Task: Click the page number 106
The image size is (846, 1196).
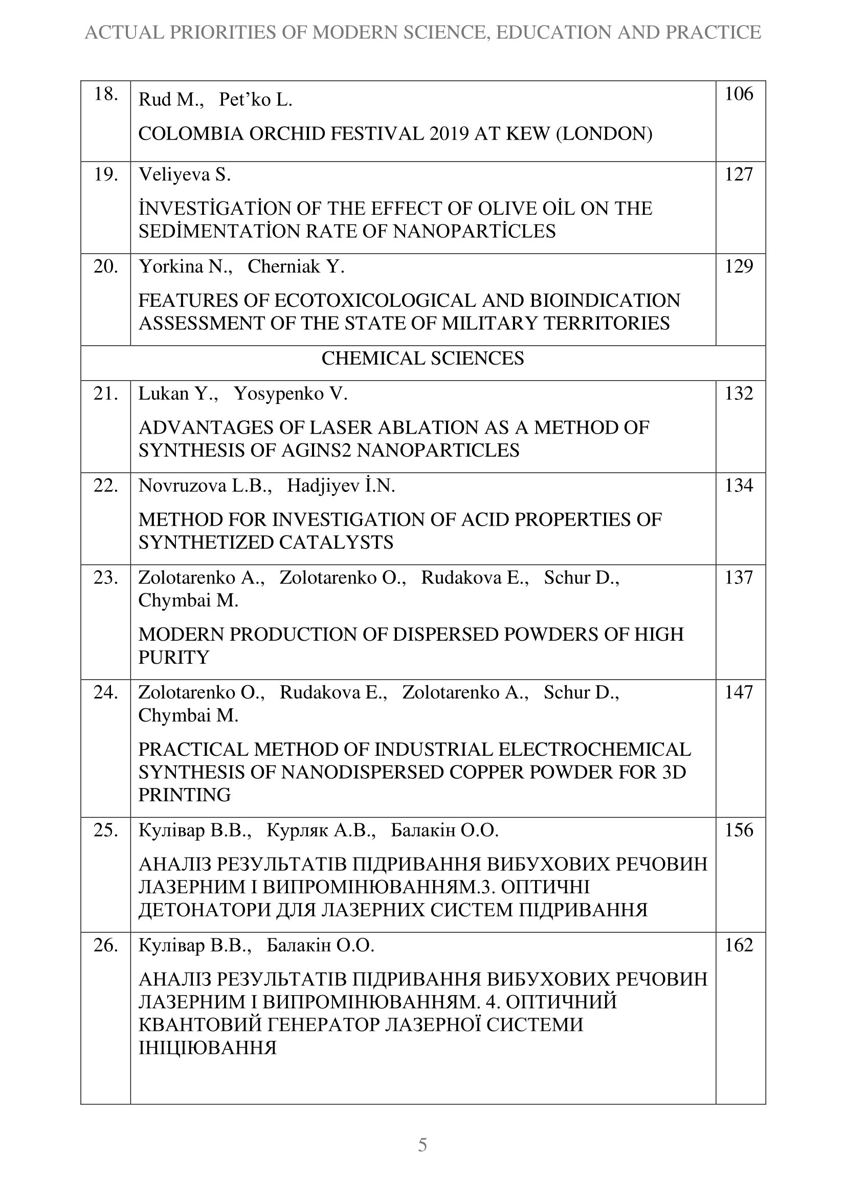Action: (x=739, y=94)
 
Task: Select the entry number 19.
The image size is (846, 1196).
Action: (x=106, y=174)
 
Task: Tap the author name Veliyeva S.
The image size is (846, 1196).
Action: (x=185, y=175)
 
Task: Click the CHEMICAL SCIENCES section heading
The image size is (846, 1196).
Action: (x=422, y=358)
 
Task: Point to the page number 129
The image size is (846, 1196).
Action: (x=739, y=267)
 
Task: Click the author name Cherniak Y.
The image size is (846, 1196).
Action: (x=296, y=267)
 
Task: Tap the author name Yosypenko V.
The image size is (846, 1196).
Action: (x=291, y=394)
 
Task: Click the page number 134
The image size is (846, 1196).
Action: (x=739, y=485)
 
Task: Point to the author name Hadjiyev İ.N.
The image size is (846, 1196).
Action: (x=341, y=486)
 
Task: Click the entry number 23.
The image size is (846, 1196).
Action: (x=106, y=578)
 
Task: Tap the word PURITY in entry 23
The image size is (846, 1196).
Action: (x=173, y=658)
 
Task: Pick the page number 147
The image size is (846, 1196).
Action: (x=739, y=692)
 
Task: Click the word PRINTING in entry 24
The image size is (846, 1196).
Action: (x=185, y=795)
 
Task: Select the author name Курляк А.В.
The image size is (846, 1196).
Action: (x=321, y=830)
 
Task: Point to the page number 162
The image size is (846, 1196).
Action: (x=739, y=945)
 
